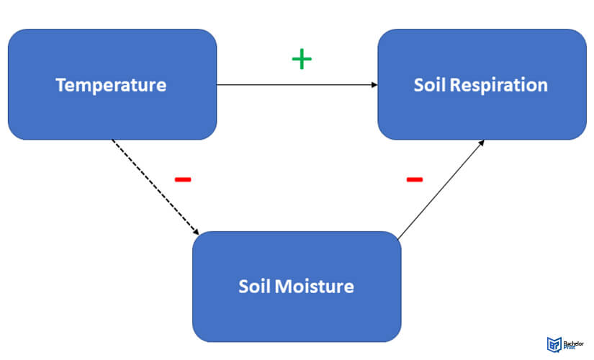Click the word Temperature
coord(111,85)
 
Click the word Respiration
coord(498,85)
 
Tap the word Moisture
coord(315,287)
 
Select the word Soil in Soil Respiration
coord(430,85)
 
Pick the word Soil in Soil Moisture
coord(254,287)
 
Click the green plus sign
coord(302,59)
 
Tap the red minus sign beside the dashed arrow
coord(183,179)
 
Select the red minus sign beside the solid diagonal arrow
coord(415,179)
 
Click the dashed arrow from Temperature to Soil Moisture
coord(156,187)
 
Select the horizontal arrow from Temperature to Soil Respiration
coord(297,84)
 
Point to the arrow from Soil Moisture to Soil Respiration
coord(441,189)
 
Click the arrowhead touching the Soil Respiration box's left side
coord(374,84)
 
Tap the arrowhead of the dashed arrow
coord(197,232)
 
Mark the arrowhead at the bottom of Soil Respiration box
coord(482,143)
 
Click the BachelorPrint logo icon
coord(554,344)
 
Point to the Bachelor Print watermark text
coord(573,345)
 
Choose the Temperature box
coord(112,84)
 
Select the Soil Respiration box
coord(482,84)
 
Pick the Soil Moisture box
coord(297,287)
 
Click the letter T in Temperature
coord(61,85)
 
